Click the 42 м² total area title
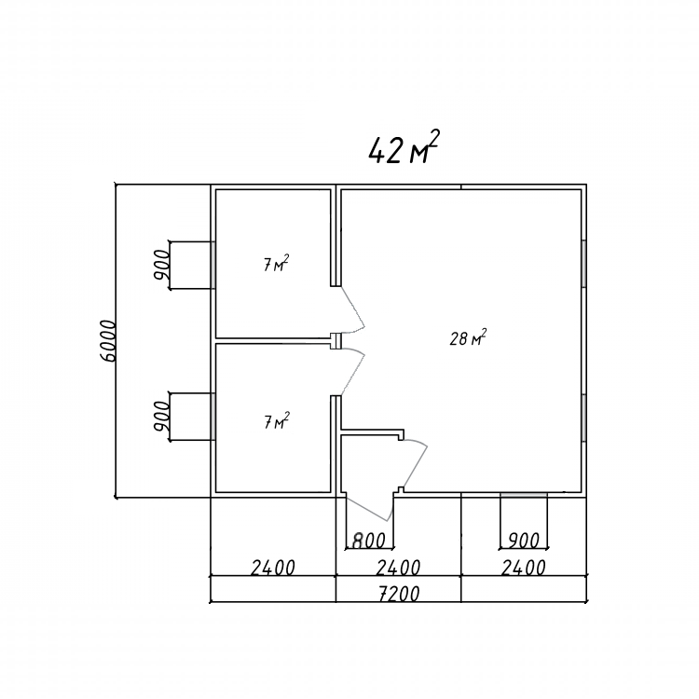[404, 147]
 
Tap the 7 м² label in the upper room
[275, 264]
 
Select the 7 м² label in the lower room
[276, 421]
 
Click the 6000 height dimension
[108, 340]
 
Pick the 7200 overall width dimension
[399, 594]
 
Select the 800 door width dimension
[369, 541]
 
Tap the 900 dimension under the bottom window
[524, 541]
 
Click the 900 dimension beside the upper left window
[161, 265]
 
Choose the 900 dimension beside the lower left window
[161, 417]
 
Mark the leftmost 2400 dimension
[273, 568]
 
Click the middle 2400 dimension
[399, 568]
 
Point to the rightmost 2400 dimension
[524, 568]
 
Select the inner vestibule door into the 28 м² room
[416, 463]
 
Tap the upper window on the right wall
[583, 264]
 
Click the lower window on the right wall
[583, 418]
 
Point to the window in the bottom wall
[524, 495]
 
